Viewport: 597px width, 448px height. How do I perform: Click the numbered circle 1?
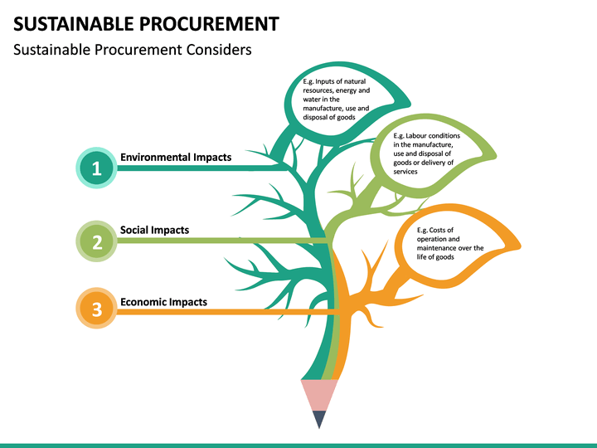96,168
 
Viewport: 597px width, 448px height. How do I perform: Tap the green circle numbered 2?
96,241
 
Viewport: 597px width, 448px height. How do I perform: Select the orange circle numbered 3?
96,310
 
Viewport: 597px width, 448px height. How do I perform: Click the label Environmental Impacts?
176,157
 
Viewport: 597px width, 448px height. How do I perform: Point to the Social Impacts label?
154,230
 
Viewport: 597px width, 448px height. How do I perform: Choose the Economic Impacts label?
163,302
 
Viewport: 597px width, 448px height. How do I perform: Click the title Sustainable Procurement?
145,22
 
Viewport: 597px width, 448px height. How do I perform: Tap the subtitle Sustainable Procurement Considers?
132,50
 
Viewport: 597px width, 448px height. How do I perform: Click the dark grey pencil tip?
319,419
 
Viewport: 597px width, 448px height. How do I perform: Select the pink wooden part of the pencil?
319,393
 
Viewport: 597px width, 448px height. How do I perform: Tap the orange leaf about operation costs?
456,241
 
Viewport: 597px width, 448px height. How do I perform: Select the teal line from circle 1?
199,168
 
